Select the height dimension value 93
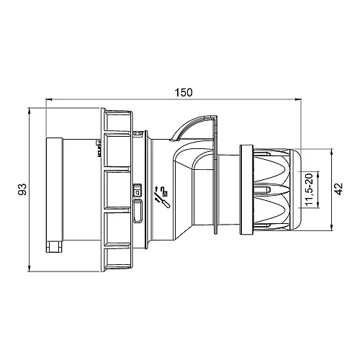(22, 190)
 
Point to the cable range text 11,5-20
(308, 190)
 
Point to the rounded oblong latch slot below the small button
(138, 213)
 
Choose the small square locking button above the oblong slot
(138, 192)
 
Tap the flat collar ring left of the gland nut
(245, 189)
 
